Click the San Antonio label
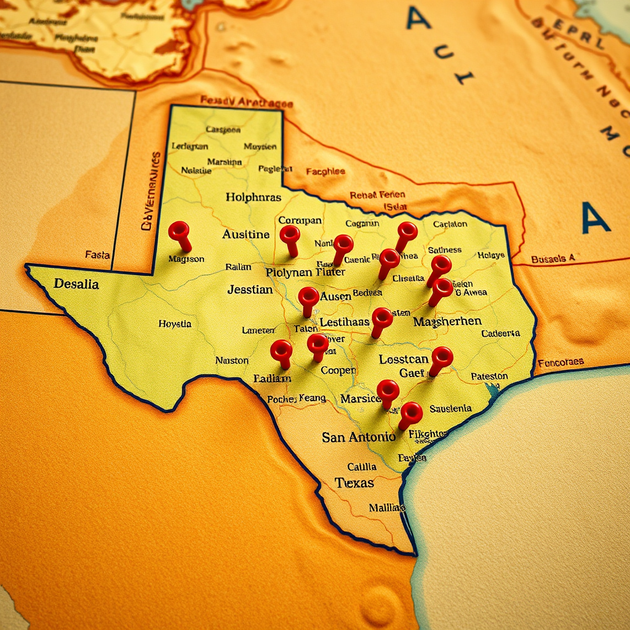[x=359, y=437]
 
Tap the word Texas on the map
[x=354, y=482]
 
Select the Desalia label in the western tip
[x=76, y=284]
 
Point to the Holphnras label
[x=253, y=197]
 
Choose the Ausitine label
[x=246, y=234]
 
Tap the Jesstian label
[x=250, y=289]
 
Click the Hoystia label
[x=175, y=324]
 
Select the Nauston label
[x=232, y=361]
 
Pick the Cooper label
[x=338, y=370]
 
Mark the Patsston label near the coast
[x=489, y=376]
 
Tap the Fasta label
[x=97, y=255]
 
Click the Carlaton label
[x=450, y=224]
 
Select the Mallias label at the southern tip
[x=387, y=508]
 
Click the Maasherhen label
[x=447, y=322]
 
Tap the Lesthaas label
[x=345, y=322]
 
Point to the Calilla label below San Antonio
[x=362, y=466]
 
